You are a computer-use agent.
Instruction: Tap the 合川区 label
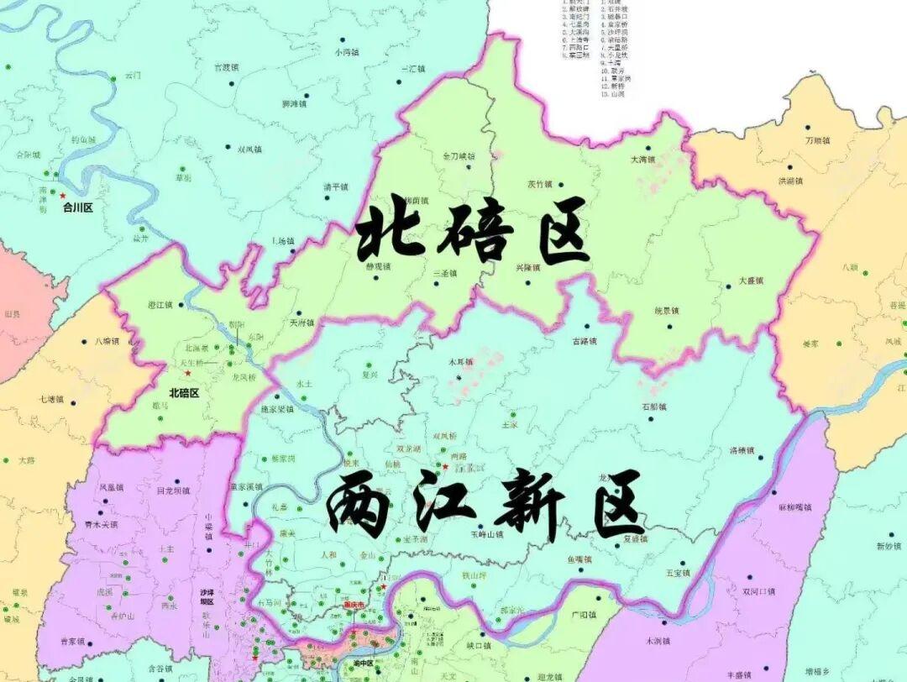pos(77,207)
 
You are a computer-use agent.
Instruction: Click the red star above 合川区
pos(62,196)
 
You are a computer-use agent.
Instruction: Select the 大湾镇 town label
pos(642,160)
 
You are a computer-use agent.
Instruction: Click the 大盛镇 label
pos(752,280)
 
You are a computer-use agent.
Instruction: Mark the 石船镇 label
pos(653,407)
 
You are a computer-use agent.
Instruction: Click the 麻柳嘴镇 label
pos(794,506)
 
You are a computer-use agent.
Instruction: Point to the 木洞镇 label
pos(658,641)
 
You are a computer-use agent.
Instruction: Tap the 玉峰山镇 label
pos(486,534)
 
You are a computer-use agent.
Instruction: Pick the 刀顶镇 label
pos(816,140)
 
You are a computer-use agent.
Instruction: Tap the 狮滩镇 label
pos(294,105)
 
